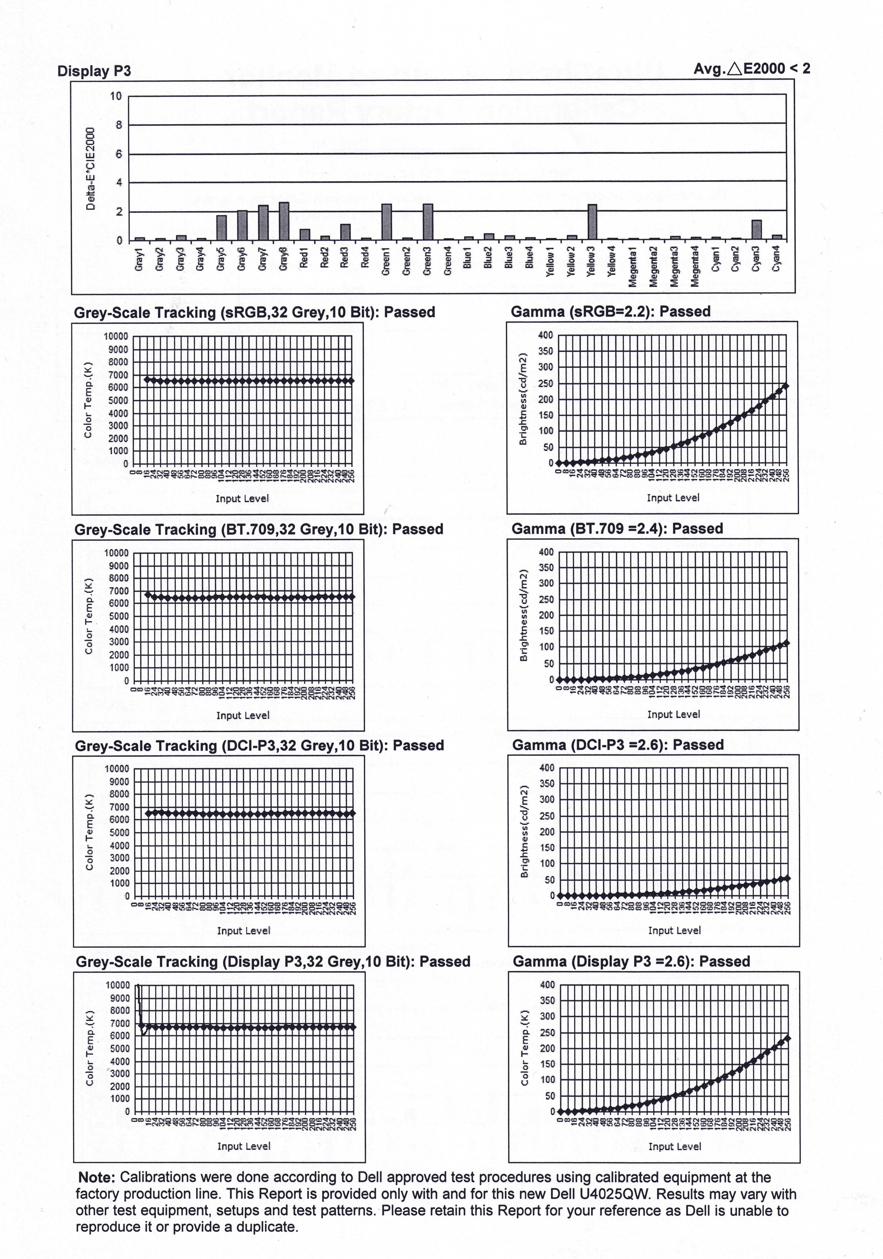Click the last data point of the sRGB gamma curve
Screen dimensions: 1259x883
[x=785, y=385]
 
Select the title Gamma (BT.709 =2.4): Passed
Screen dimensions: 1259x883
[x=617, y=529]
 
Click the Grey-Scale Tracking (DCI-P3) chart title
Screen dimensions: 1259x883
[x=259, y=746]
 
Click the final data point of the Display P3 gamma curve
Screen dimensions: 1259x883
[x=788, y=1038]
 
